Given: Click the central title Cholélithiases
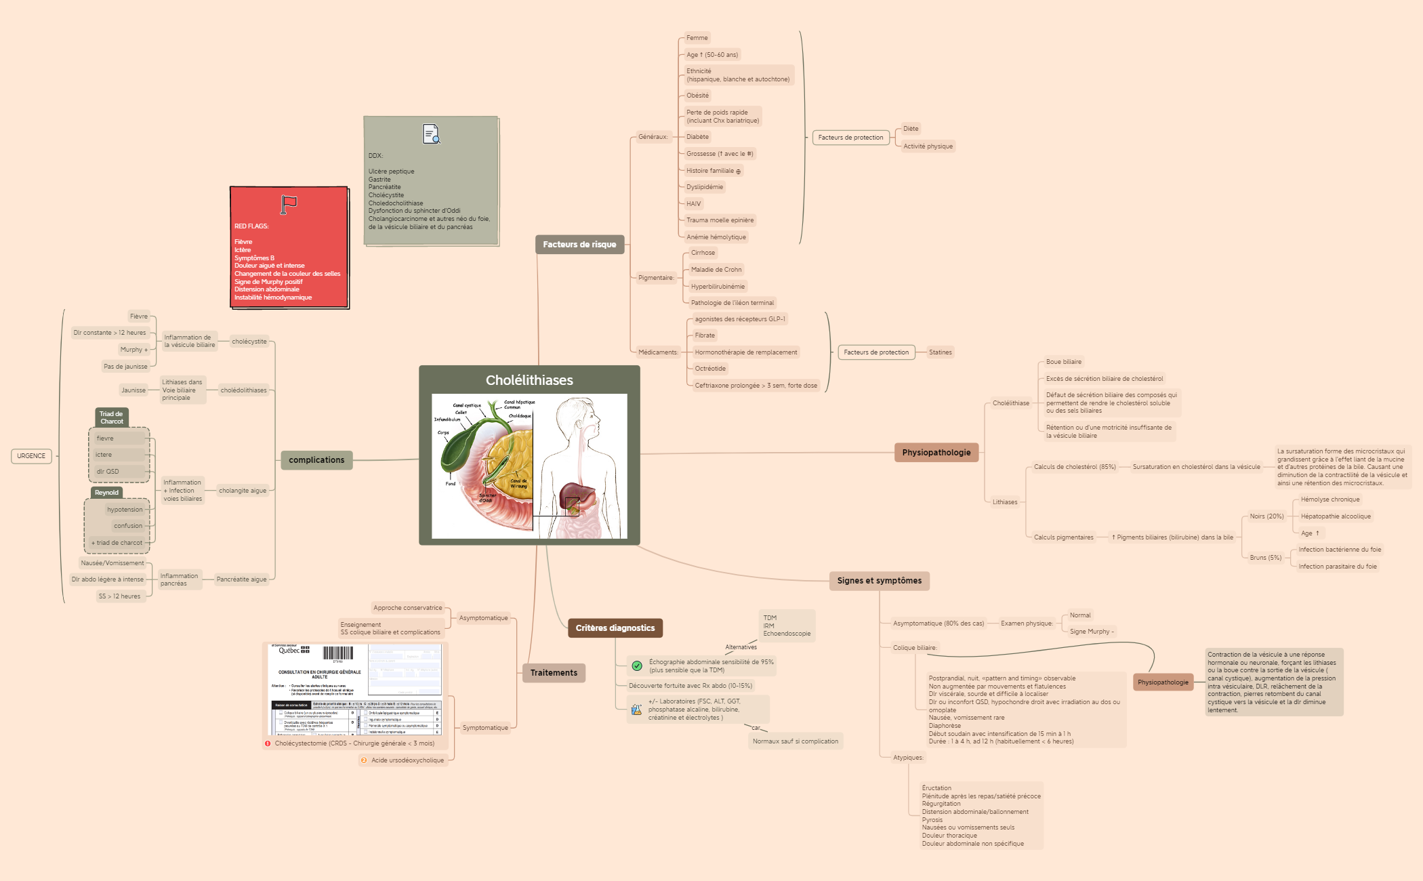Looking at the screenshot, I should click(529, 380).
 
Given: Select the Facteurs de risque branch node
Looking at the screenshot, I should click(579, 245).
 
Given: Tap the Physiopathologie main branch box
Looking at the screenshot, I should click(936, 453).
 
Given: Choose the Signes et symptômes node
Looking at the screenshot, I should click(879, 581).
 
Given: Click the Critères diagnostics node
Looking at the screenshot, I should click(615, 628).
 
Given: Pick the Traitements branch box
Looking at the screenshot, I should click(554, 673).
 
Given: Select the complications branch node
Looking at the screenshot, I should click(316, 460).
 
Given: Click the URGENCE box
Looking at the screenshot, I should click(31, 456).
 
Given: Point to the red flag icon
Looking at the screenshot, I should click(289, 204).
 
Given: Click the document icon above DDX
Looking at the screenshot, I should click(431, 134).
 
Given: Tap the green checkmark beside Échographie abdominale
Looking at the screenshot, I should click(637, 666).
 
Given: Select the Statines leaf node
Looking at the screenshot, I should click(940, 352).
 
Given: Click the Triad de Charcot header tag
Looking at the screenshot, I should click(112, 417).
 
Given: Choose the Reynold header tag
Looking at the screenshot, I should click(106, 493).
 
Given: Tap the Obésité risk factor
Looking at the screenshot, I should click(697, 96).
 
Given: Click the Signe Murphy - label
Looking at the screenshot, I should click(1091, 632).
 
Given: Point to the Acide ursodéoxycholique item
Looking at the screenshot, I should click(407, 760).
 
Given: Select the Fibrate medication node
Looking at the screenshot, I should click(705, 335).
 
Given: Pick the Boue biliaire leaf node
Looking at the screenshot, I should click(1063, 362).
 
